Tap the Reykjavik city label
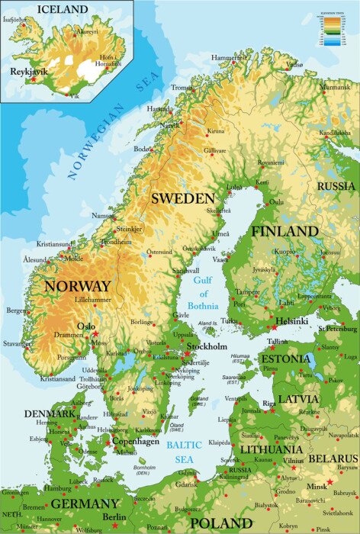tap(29, 70)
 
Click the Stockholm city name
tap(207, 346)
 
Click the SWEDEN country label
tap(182, 198)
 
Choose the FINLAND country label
tap(284, 230)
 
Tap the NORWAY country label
tap(78, 286)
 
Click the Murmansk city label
tap(336, 88)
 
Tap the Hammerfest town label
tap(230, 58)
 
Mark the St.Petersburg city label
tap(338, 329)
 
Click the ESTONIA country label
tap(284, 359)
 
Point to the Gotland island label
tap(198, 398)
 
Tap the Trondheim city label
tap(116, 242)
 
